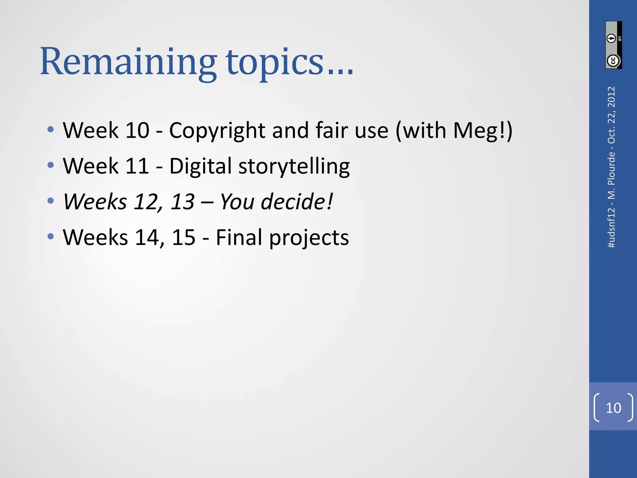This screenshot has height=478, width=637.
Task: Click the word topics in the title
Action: [275, 62]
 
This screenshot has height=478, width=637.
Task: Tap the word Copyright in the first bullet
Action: [217, 131]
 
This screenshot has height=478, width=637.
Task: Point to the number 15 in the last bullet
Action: [184, 237]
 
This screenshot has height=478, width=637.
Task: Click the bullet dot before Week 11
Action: [51, 165]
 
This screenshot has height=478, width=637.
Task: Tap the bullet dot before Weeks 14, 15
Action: [51, 237]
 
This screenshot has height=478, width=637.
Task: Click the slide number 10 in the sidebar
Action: [613, 408]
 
